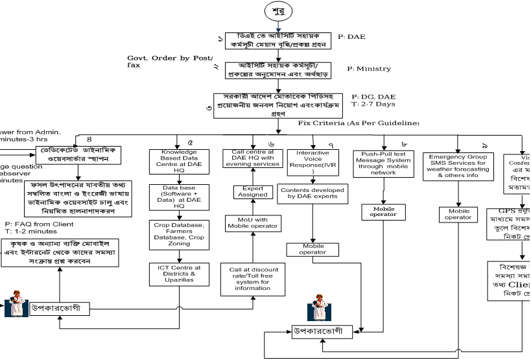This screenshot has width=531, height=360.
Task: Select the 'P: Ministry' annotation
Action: tap(370, 69)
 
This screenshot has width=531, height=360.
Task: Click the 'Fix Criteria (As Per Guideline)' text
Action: tap(359, 123)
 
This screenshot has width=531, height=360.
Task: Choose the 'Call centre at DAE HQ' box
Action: tap(252, 158)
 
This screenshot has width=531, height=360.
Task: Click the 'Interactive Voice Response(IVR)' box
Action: tap(313, 161)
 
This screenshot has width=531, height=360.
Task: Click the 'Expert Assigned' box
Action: tap(252, 191)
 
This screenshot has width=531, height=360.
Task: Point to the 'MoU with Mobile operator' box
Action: tap(253, 223)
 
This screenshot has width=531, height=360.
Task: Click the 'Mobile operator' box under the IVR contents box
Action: tap(313, 249)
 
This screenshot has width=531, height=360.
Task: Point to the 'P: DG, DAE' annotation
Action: tap(373, 96)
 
